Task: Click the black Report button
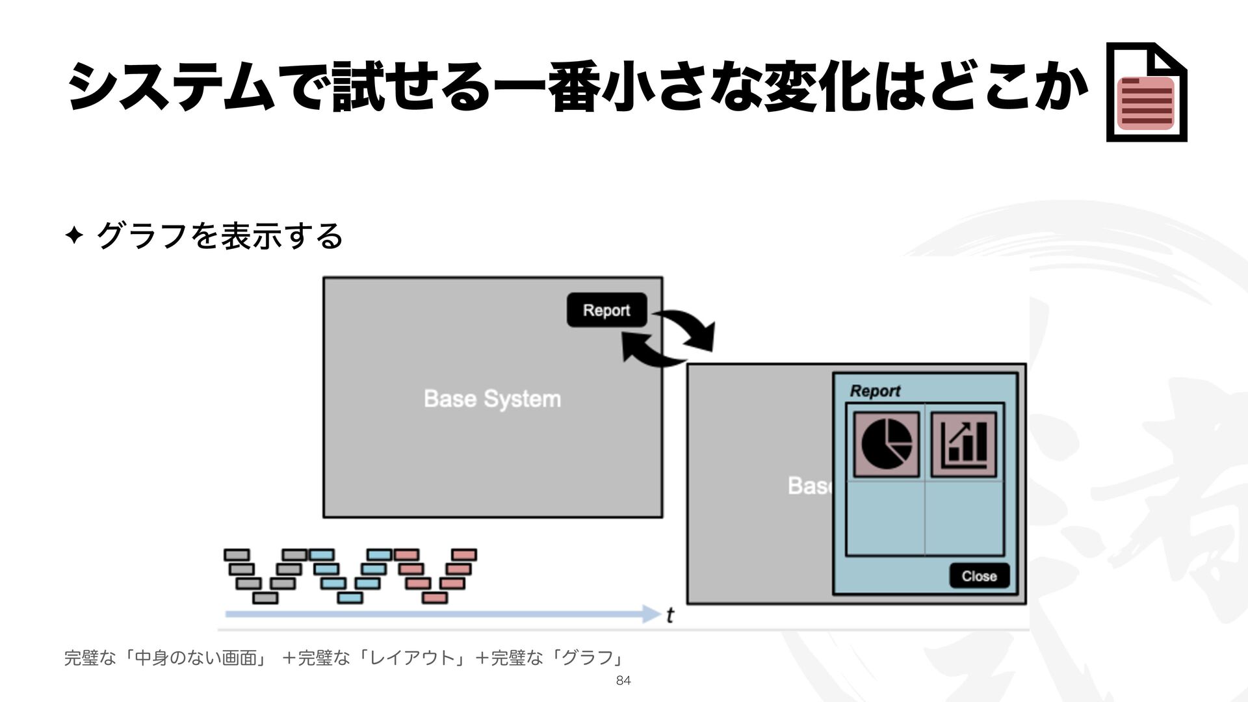[x=606, y=310]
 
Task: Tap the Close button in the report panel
[x=979, y=576]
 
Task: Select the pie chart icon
[x=886, y=445]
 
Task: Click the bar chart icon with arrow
[x=963, y=445]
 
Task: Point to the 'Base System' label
[x=492, y=398]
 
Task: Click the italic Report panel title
[x=875, y=391]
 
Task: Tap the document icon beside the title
[x=1147, y=92]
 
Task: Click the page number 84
[x=623, y=681]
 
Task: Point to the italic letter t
[x=670, y=615]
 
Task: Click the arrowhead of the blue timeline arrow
[x=651, y=614]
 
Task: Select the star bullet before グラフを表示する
[x=74, y=235]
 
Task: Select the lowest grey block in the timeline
[x=265, y=597]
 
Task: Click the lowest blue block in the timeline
[x=350, y=597]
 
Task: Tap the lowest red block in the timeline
[x=435, y=597]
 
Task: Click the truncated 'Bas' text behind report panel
[x=809, y=486]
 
